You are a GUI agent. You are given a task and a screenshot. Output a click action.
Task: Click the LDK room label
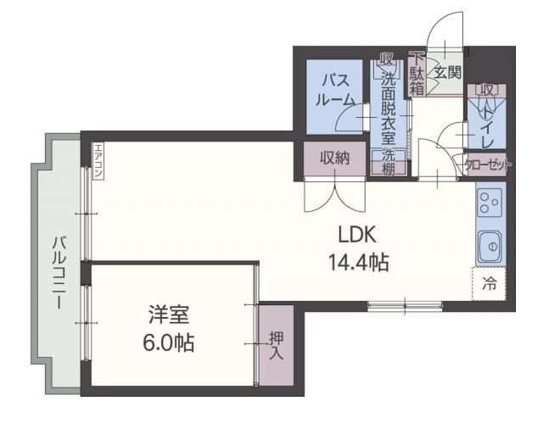(x=356, y=235)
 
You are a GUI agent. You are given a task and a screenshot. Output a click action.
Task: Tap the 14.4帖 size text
(x=358, y=263)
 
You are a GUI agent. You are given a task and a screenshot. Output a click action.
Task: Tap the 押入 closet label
(x=275, y=346)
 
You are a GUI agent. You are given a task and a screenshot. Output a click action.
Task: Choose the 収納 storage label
(x=334, y=158)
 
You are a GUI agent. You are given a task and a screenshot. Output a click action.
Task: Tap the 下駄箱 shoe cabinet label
(x=417, y=75)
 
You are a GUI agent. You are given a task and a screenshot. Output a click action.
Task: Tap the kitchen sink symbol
(x=490, y=246)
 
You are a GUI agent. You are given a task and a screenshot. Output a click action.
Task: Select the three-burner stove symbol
(x=489, y=203)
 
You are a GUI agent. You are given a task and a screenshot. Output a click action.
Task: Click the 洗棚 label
(x=388, y=162)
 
